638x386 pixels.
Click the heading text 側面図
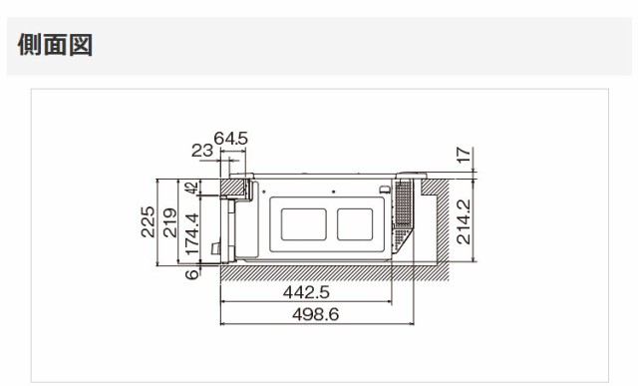coord(55,44)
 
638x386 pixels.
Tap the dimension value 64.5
coord(230,139)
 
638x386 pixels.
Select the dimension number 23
coord(202,151)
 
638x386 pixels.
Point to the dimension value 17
coord(464,156)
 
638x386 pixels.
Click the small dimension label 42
coord(191,188)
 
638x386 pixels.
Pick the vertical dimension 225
coord(148,221)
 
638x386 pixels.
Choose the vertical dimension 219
coord(170,222)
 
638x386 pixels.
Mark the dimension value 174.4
coord(192,234)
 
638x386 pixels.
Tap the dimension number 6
coord(192,274)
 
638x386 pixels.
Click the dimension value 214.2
coord(464,221)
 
